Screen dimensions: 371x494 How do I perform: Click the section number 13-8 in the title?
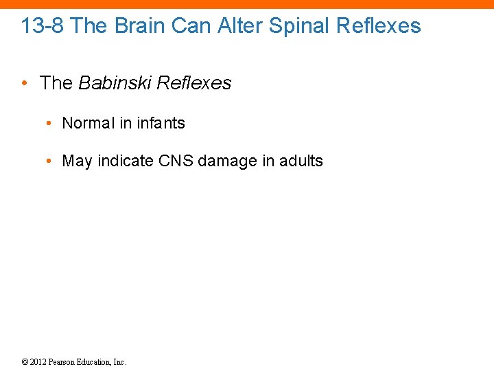[43, 26]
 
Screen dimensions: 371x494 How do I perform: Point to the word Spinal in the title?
[299, 26]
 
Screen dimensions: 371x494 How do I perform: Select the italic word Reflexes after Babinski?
[194, 83]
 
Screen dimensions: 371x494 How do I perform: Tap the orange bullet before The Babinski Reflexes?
[24, 84]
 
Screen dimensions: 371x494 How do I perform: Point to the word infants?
[161, 123]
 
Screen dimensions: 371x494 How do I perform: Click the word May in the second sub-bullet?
[77, 161]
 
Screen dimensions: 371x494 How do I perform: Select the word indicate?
[126, 161]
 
